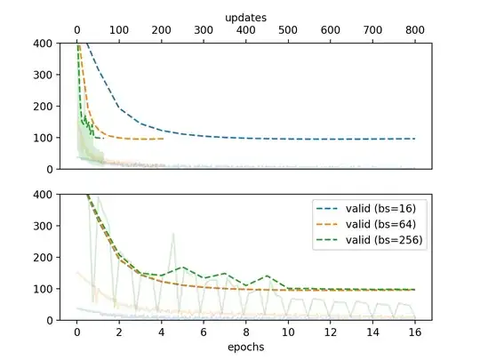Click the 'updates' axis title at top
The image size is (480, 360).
[245, 17]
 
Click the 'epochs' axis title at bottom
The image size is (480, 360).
[245, 348]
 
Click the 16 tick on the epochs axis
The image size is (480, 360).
[415, 332]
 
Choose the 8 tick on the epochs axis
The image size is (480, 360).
[246, 332]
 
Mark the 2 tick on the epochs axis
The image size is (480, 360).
[119, 332]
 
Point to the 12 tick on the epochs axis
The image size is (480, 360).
[331, 332]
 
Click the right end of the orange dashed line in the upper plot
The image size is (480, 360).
[164, 139]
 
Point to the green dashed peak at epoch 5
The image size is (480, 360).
[182, 267]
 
